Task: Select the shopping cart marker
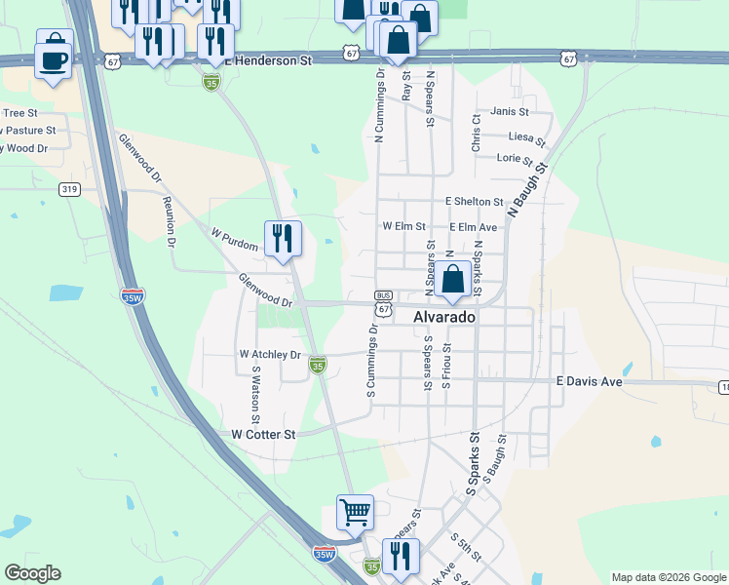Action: pos(355,512)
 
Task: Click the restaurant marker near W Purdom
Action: pos(283,239)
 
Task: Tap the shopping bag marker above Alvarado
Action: pos(453,280)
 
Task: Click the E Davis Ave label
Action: pos(589,382)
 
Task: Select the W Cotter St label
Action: pos(263,434)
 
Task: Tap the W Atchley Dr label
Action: pos(271,355)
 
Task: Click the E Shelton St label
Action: pos(474,202)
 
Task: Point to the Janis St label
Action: pos(510,111)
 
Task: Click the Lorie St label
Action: pos(515,159)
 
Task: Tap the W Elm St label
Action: pos(403,226)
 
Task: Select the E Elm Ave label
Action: pos(474,227)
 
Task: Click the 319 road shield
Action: pos(68,189)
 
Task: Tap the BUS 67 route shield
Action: pos(384,302)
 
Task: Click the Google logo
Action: pos(32,573)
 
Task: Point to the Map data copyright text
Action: pos(668,577)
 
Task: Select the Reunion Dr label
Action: pos(171,220)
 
